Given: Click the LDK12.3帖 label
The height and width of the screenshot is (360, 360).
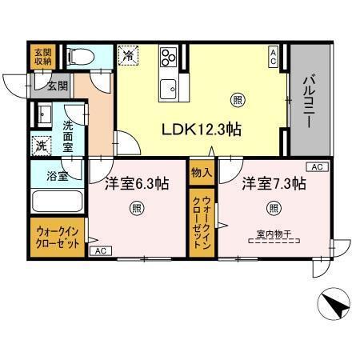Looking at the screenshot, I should (203, 130).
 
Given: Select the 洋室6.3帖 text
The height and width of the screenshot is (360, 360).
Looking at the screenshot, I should (136, 183).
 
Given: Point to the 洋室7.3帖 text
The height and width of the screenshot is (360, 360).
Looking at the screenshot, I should (274, 183).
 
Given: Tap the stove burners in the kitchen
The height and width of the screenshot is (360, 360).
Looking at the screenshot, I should (169, 58).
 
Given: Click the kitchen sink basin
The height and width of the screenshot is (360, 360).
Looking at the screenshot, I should (169, 87).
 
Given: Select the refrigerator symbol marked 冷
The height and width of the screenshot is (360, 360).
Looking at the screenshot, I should (128, 55).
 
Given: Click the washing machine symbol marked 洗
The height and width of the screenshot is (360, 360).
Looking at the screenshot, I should (39, 146).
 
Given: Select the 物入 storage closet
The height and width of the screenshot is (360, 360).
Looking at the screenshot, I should (200, 171).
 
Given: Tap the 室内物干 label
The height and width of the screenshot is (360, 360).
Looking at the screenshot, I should (274, 234).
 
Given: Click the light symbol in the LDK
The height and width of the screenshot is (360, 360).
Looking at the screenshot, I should (238, 100).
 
